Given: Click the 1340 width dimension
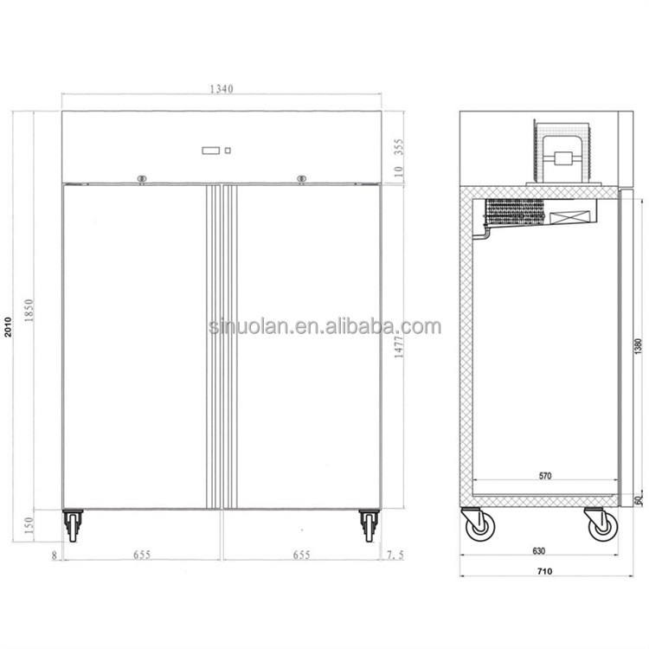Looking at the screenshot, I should click(x=222, y=88).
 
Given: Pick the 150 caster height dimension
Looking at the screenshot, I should click(x=29, y=524).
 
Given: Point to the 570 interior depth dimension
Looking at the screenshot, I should click(x=544, y=476).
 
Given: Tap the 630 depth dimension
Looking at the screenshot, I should click(x=538, y=551).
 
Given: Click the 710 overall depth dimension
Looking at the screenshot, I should click(x=544, y=571).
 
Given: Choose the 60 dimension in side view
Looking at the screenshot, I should click(x=639, y=499).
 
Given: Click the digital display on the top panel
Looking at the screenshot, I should click(x=211, y=151).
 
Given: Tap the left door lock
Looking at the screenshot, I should click(x=142, y=179).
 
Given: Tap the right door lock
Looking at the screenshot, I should click(x=301, y=179).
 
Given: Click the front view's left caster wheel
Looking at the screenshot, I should click(x=73, y=525).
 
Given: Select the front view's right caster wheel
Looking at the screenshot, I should click(x=369, y=525).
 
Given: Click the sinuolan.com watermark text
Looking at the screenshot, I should click(x=324, y=327).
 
